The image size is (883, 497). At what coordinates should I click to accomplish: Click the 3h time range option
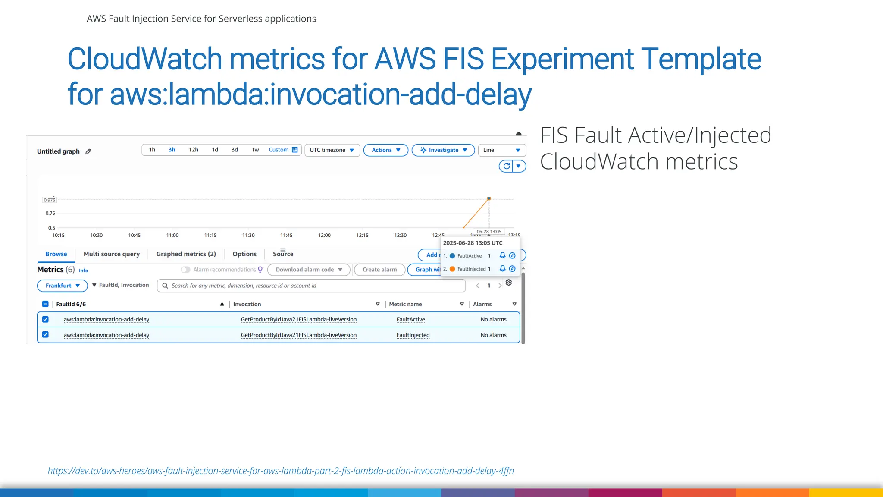tap(172, 150)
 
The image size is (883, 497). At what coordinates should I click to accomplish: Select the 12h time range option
tap(193, 150)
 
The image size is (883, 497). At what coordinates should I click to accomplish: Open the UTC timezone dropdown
tap(332, 150)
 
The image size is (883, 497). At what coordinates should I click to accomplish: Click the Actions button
tap(386, 150)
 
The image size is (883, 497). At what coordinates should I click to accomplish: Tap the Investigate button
tap(443, 150)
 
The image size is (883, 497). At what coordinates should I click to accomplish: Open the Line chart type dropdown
tap(502, 150)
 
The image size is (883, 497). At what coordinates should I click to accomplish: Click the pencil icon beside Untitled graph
tap(88, 151)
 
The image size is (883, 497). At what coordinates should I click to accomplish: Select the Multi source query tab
tap(112, 254)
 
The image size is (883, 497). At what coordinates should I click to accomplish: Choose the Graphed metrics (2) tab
tap(186, 254)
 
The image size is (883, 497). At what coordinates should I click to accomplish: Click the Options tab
tap(244, 254)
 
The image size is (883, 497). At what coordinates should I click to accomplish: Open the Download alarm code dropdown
tap(309, 270)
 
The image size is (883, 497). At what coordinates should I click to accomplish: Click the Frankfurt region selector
tap(63, 286)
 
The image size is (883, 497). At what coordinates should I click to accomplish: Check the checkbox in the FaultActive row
tap(45, 319)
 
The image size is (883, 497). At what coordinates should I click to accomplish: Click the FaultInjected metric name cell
tap(413, 335)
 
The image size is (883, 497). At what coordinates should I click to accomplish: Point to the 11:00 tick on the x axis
tap(172, 235)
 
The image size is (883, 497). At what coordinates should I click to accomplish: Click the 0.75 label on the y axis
tap(50, 213)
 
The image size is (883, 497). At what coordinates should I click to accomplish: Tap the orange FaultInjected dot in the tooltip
tap(452, 269)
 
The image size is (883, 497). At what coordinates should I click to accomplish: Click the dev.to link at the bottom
tap(281, 471)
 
